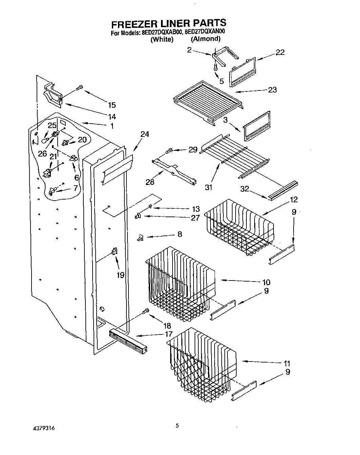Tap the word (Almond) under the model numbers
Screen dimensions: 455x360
coord(205,39)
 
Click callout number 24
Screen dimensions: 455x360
coord(145,134)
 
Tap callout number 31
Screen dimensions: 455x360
coord(208,187)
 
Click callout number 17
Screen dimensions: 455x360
coord(168,334)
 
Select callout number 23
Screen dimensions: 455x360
coord(272,90)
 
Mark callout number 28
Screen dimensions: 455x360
coord(150,182)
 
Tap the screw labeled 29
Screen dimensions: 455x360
coord(169,151)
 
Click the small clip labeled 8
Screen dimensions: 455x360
coord(140,239)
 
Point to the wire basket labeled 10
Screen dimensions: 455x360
coord(180,281)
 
